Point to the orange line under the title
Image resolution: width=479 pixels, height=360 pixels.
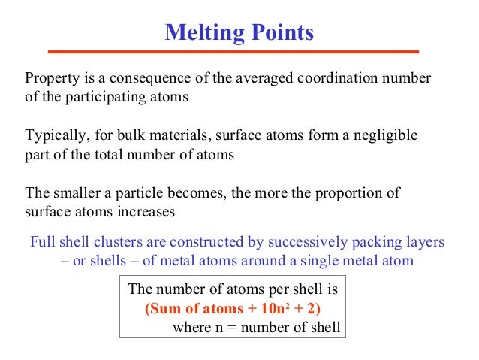(233, 52)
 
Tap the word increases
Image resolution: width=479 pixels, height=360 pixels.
(146, 212)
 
